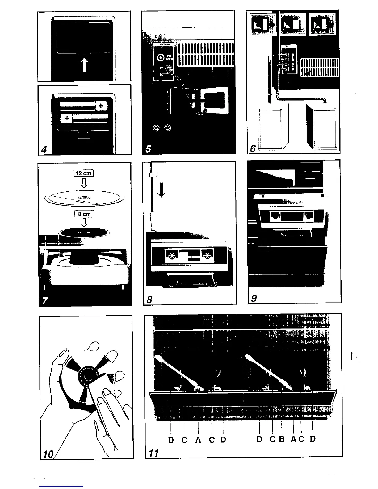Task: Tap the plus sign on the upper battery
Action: tap(100, 106)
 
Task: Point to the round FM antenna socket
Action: tap(161, 58)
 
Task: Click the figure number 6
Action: tap(253, 148)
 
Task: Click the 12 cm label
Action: tap(83, 173)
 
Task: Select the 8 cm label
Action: tap(84, 214)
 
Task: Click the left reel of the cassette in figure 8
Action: tap(171, 255)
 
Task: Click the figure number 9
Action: tap(254, 298)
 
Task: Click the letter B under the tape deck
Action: tap(282, 439)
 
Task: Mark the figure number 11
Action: tap(154, 453)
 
